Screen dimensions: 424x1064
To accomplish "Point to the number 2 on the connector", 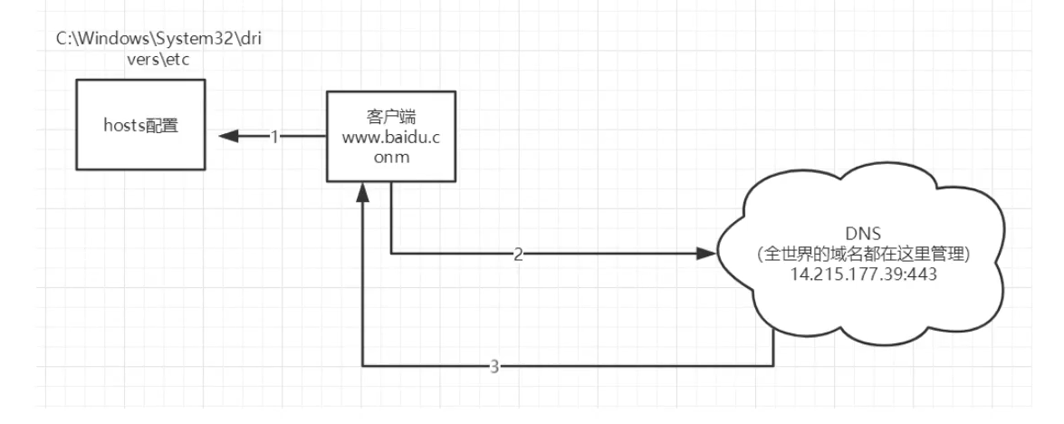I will point(517,255).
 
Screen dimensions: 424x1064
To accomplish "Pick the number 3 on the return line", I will point(494,367).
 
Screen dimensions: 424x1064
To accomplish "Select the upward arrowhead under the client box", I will point(362,193).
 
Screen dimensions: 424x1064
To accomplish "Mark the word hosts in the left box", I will point(123,125).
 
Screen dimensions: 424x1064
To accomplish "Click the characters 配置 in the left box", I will point(162,125).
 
